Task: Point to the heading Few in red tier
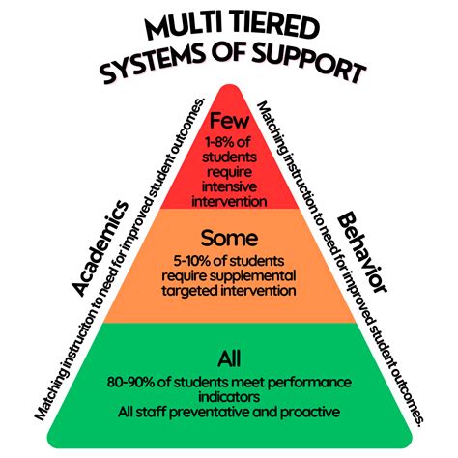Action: point(228,123)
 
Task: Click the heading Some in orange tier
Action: point(228,236)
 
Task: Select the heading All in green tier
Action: point(228,358)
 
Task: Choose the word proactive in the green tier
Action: point(313,413)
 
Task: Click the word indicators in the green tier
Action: point(229,396)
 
